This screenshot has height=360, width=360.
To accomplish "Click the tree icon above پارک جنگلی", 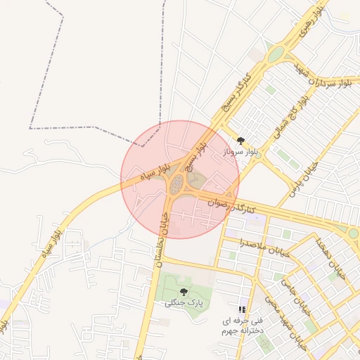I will click(184, 292).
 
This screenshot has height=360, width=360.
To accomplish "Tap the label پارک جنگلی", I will click(184, 303).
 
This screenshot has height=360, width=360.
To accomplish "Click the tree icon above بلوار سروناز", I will click(242, 141).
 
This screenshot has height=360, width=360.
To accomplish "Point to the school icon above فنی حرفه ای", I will click(242, 309).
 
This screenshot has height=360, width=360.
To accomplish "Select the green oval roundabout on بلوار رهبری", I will click(276, 54).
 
